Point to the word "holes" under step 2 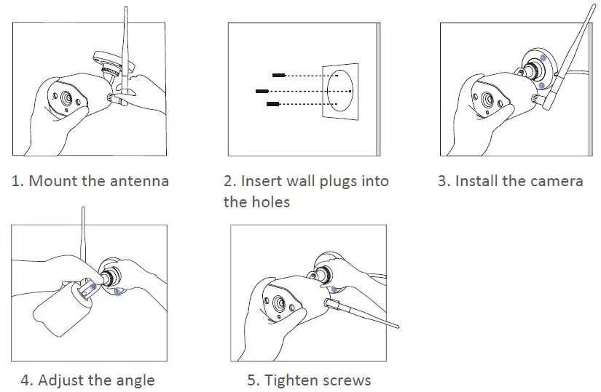click(270, 202)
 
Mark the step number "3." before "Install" click(444, 181)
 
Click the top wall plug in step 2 click(278, 75)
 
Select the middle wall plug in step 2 click(262, 91)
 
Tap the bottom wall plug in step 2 click(273, 105)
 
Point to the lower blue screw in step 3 click(540, 85)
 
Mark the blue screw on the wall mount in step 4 click(118, 293)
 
